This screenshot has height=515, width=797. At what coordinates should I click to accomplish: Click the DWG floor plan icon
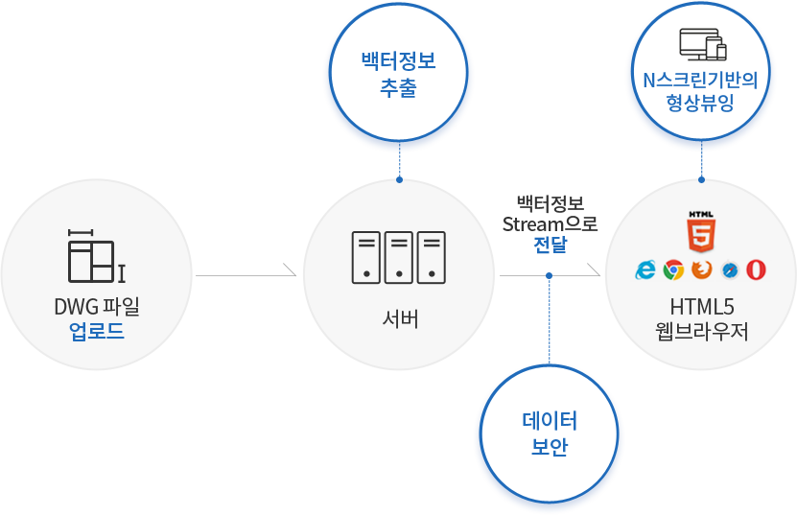pyautogui.click(x=96, y=256)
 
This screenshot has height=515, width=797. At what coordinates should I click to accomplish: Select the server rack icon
pyautogui.click(x=398, y=257)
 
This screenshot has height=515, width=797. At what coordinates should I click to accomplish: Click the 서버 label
pyautogui.click(x=399, y=318)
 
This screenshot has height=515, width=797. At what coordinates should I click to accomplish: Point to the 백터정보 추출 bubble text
pyautogui.click(x=398, y=75)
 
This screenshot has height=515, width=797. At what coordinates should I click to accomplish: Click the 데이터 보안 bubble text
pyautogui.click(x=549, y=433)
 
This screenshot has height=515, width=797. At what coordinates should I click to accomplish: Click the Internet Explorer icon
pyautogui.click(x=645, y=269)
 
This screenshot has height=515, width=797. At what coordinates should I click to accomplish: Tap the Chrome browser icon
pyautogui.click(x=673, y=269)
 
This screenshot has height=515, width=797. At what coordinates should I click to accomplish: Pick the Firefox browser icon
pyautogui.click(x=701, y=269)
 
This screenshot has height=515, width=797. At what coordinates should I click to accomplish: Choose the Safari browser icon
pyautogui.click(x=729, y=269)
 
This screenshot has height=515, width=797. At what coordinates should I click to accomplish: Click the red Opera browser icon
pyautogui.click(x=757, y=269)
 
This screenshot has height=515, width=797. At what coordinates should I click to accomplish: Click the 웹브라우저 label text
pyautogui.click(x=701, y=332)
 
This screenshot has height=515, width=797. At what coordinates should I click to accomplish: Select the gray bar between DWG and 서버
pyautogui.click(x=246, y=270)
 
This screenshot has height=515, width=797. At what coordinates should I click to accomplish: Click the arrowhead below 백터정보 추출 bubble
pyautogui.click(x=399, y=177)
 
